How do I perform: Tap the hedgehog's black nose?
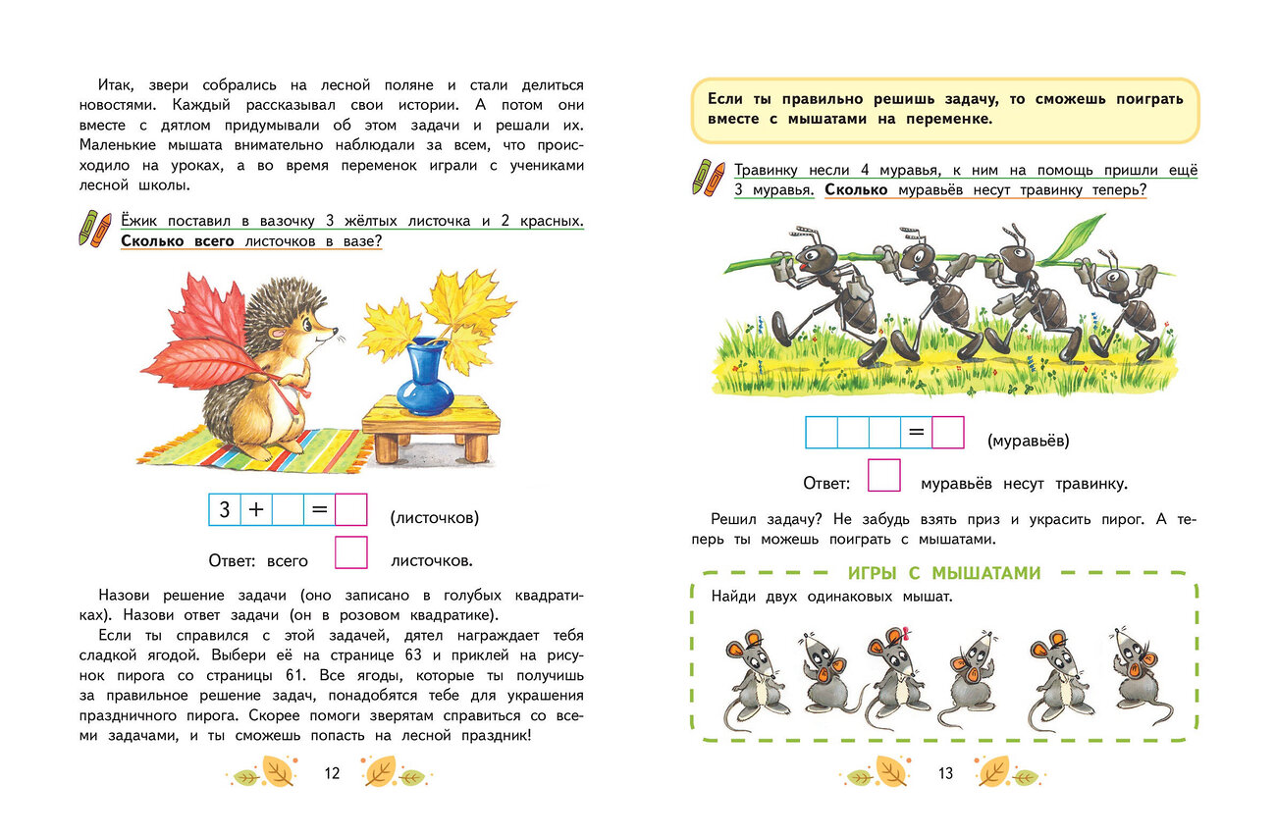pyautogui.click(x=336, y=332)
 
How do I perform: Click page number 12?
pyautogui.click(x=332, y=773)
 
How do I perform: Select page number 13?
pyautogui.click(x=945, y=773)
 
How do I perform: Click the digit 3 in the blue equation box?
pyautogui.click(x=225, y=510)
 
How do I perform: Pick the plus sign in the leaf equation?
pyautogui.click(x=256, y=510)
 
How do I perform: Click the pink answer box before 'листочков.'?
pyautogui.click(x=351, y=552)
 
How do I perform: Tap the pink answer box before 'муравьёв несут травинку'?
pyautogui.click(x=884, y=476)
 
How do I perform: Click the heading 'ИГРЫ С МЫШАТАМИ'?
pyautogui.click(x=943, y=574)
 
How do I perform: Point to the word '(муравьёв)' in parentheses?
pyautogui.click(x=1029, y=441)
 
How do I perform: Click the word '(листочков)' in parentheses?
pyautogui.click(x=434, y=517)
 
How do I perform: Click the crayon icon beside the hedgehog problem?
pyautogui.click(x=95, y=228)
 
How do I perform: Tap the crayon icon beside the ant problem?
pyautogui.click(x=707, y=177)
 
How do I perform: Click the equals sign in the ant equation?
pyautogui.click(x=916, y=433)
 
